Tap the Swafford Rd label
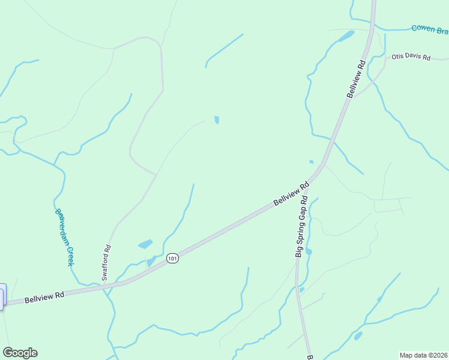click(107, 263)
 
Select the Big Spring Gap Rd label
click(301, 227)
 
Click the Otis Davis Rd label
click(411, 58)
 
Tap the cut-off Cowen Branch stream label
click(429, 29)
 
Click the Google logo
click(20, 353)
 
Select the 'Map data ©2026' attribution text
click(423, 355)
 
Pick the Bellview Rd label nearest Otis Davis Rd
click(356, 79)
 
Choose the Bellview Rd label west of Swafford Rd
click(44, 297)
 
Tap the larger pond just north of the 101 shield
click(145, 244)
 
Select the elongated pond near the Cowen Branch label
click(346, 37)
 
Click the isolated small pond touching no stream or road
click(217, 119)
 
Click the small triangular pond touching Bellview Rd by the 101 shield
click(150, 262)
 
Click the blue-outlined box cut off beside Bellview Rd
click(2, 296)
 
